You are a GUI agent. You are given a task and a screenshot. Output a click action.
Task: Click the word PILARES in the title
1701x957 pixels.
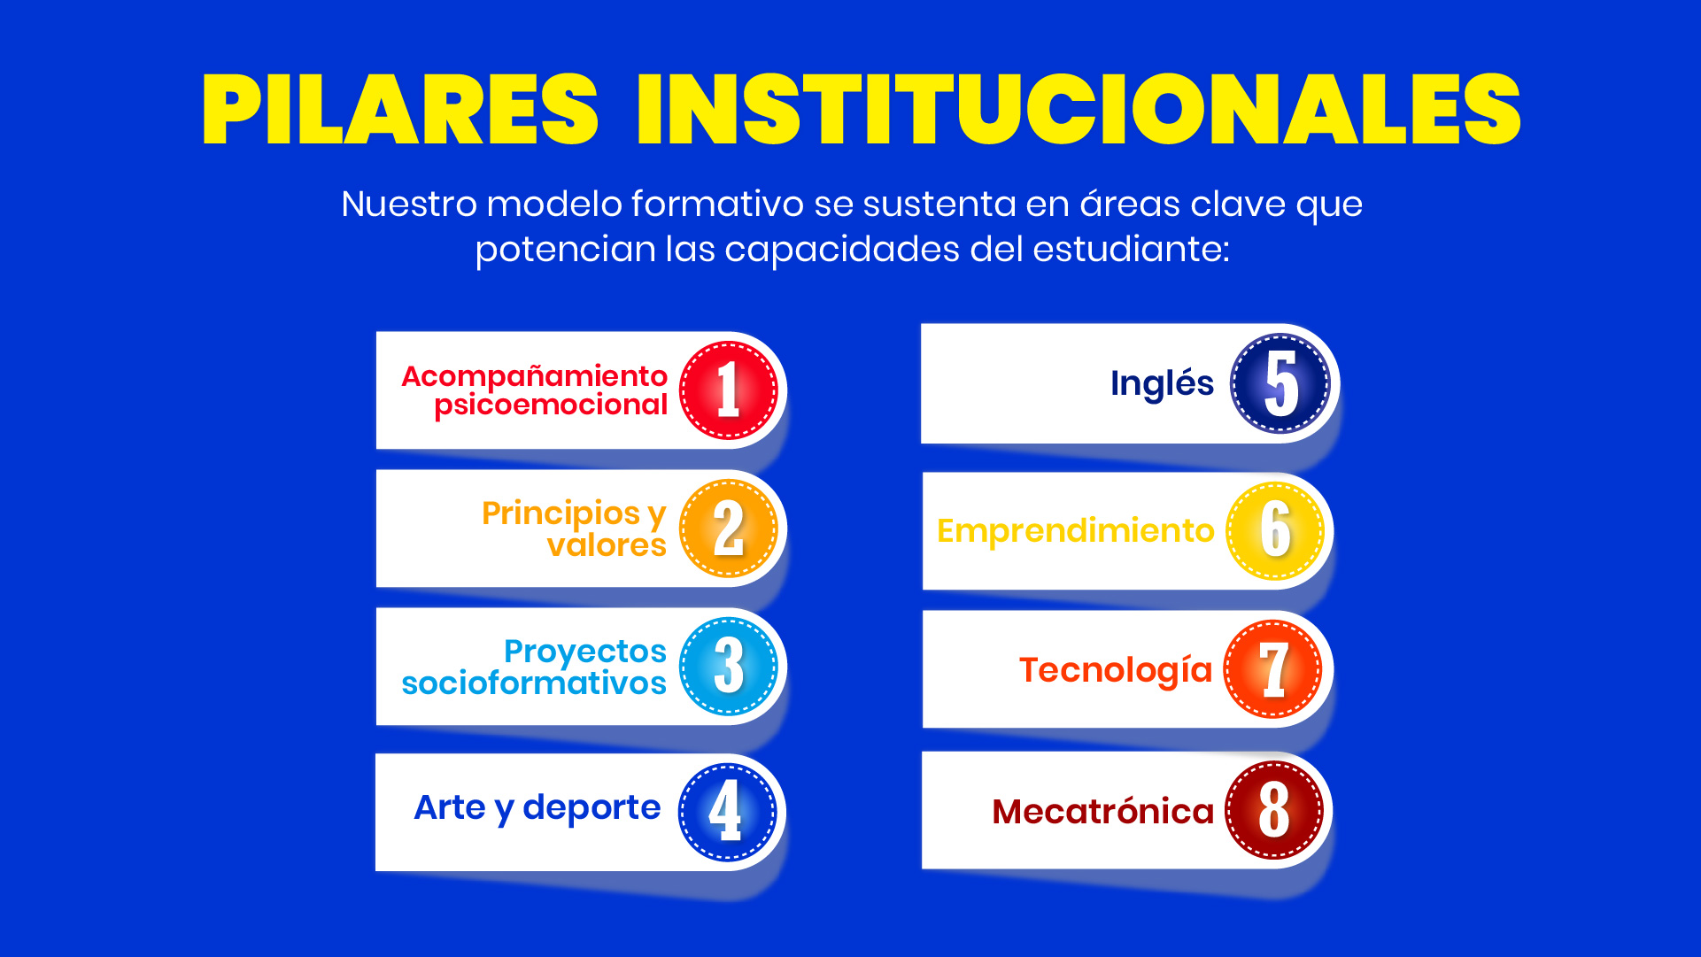pyautogui.click(x=401, y=109)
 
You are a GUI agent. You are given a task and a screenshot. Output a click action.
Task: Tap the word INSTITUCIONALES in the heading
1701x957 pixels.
pyautogui.click(x=1079, y=109)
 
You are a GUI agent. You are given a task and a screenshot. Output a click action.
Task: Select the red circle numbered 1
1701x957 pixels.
pyautogui.click(x=729, y=390)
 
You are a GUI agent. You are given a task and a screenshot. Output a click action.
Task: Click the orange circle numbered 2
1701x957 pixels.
pyautogui.click(x=729, y=529)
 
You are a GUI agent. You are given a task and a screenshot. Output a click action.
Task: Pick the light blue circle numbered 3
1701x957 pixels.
pyautogui.click(x=729, y=667)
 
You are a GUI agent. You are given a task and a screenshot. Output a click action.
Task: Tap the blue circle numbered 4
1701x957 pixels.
pyautogui.click(x=727, y=812)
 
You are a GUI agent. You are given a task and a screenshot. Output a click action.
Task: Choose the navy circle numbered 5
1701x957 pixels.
pyautogui.click(x=1280, y=383)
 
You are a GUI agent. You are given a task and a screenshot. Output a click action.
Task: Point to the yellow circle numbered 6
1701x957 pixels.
pyautogui.click(x=1275, y=530)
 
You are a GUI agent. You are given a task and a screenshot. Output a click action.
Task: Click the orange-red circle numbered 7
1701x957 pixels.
pyautogui.click(x=1273, y=669)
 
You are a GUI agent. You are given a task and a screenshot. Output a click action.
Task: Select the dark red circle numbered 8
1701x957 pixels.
pyautogui.click(x=1274, y=810)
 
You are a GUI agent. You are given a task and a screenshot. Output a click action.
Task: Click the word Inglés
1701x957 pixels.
pyautogui.click(x=1162, y=384)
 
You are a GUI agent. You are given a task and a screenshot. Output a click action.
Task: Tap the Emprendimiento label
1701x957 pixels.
pyautogui.click(x=1076, y=531)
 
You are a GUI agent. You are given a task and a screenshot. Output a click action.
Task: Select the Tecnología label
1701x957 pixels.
pyautogui.click(x=1116, y=671)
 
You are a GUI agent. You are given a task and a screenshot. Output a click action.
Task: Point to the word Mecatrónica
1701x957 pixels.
pyautogui.click(x=1103, y=812)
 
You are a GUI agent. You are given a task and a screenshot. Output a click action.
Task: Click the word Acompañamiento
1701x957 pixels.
pyautogui.click(x=535, y=376)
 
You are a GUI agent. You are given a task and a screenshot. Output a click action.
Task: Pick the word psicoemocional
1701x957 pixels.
pyautogui.click(x=551, y=405)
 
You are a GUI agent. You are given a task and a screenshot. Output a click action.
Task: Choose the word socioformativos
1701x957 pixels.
pyautogui.click(x=534, y=683)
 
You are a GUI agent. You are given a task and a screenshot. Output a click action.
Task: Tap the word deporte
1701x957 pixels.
pyautogui.click(x=591, y=808)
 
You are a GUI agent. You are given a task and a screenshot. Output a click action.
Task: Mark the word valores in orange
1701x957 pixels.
pyautogui.click(x=607, y=545)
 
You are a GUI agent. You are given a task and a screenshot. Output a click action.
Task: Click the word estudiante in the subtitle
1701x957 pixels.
pyautogui.click(x=1130, y=249)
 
